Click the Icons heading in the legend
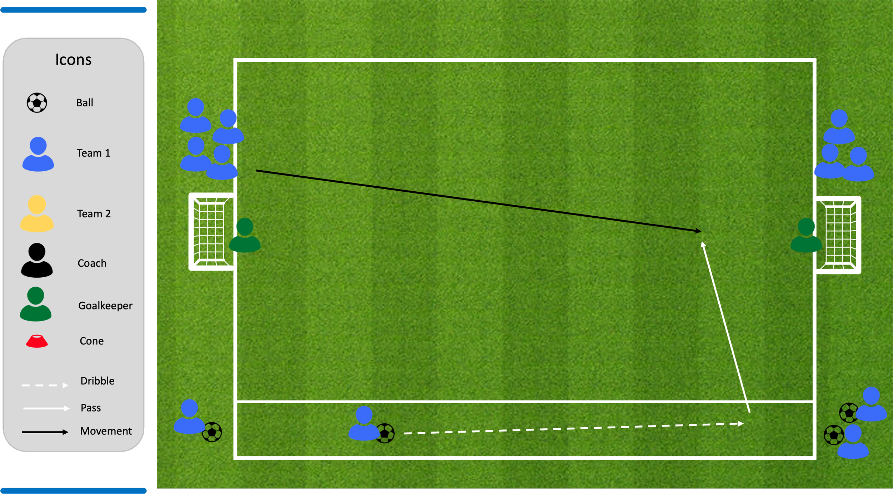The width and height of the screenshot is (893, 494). (x=73, y=60)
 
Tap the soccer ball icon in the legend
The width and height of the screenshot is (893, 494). (x=37, y=103)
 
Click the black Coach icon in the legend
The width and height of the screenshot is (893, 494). (x=37, y=260)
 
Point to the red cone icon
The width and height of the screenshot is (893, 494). (x=37, y=341)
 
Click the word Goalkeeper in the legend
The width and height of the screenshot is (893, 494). (x=105, y=306)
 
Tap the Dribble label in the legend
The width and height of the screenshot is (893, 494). (x=97, y=381)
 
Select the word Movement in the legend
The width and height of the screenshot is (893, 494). (x=106, y=431)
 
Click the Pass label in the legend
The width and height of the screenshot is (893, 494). (x=91, y=408)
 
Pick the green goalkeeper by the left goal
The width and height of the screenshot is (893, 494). (x=245, y=235)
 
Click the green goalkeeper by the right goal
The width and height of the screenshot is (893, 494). (x=806, y=235)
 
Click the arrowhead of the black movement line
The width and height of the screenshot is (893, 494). (x=699, y=231)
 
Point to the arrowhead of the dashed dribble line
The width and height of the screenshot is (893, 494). (x=740, y=424)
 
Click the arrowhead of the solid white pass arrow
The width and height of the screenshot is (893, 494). (x=703, y=245)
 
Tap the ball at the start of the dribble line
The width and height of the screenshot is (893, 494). (x=385, y=433)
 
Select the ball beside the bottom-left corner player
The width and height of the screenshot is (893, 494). (x=212, y=432)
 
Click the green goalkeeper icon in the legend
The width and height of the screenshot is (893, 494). (x=36, y=304)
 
